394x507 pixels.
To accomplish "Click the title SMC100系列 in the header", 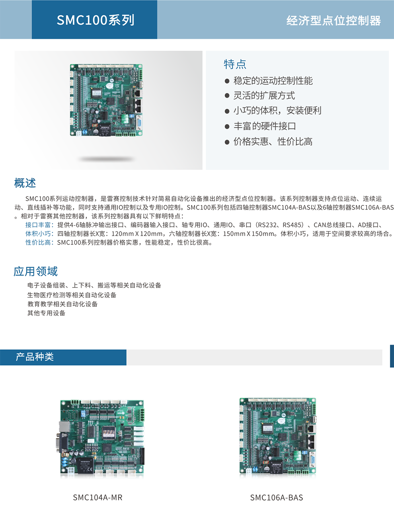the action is click(x=96, y=20).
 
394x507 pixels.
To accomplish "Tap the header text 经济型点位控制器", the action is click(x=334, y=21).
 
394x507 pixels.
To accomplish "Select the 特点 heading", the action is click(x=235, y=64).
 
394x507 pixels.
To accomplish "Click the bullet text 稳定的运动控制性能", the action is click(x=273, y=81).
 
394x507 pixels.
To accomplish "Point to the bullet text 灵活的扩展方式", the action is click(x=264, y=95).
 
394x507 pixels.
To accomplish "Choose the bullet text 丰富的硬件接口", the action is click(x=265, y=126).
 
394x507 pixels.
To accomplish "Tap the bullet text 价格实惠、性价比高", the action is click(x=273, y=142).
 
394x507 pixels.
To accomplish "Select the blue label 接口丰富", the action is click(x=38, y=225).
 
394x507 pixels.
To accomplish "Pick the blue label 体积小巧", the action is click(x=38, y=234).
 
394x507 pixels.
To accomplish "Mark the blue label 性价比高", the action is click(x=38, y=242).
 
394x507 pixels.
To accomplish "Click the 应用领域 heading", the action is click(x=35, y=271).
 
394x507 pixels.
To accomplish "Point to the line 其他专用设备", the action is click(x=46, y=313).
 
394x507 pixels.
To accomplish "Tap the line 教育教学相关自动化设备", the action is click(x=63, y=304).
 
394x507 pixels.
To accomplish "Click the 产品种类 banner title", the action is click(x=35, y=357).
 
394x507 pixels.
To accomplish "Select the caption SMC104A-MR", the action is click(x=98, y=497).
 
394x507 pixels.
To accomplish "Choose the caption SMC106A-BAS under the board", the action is click(x=277, y=497).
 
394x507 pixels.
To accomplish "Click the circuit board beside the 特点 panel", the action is click(x=106, y=100).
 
